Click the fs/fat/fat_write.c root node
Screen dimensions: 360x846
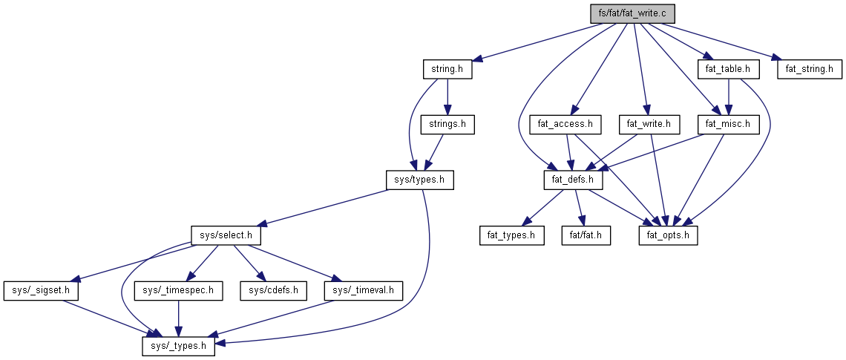pyautogui.click(x=629, y=13)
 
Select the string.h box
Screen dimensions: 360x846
pyautogui.click(x=447, y=69)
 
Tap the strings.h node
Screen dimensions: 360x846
pyautogui.click(x=447, y=124)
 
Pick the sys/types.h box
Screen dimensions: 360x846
pyautogui.click(x=419, y=180)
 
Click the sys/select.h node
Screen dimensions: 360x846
pyautogui.click(x=226, y=235)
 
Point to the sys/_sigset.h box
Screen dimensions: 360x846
pyautogui.click(x=41, y=290)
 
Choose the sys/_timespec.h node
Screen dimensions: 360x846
pyautogui.click(x=178, y=290)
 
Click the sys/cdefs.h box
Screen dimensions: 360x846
pyautogui.click(x=273, y=290)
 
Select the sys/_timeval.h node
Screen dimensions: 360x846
pyautogui.click(x=363, y=290)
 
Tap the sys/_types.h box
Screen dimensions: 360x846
pyautogui.click(x=178, y=345)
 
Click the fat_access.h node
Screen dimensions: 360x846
pyautogui.click(x=565, y=124)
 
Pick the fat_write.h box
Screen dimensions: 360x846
pyautogui.click(x=649, y=124)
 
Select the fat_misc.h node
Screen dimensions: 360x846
pyautogui.click(x=729, y=124)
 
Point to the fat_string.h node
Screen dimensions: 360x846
pyautogui.click(x=809, y=69)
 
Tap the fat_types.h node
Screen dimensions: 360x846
pyautogui.click(x=511, y=235)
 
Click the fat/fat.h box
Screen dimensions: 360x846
pyautogui.click(x=585, y=235)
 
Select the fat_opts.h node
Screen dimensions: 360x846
pyautogui.click(x=669, y=235)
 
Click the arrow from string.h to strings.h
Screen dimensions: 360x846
pyautogui.click(x=447, y=96)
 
